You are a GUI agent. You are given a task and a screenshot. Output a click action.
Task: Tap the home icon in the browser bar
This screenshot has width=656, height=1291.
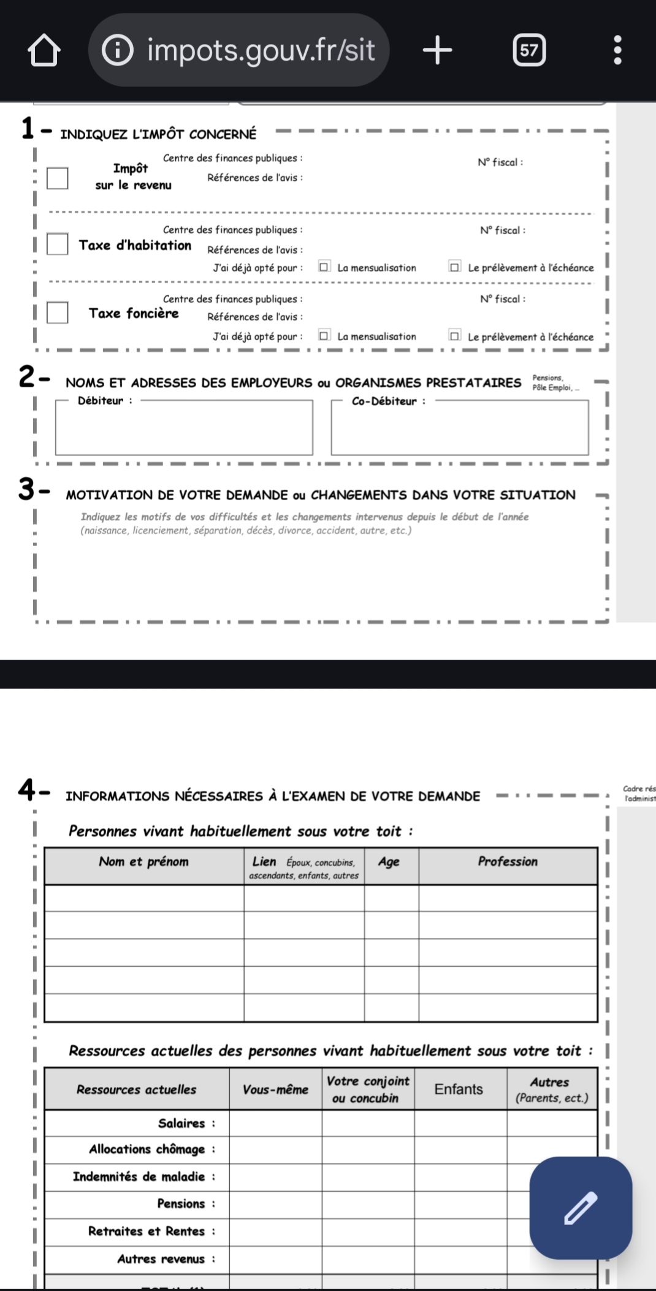pos(44,50)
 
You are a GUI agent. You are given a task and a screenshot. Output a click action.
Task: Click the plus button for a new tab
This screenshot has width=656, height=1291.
pos(437,50)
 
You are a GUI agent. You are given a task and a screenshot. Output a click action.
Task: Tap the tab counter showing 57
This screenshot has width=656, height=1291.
pos(528,50)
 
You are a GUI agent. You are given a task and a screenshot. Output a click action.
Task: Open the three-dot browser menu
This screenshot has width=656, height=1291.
pos(617,50)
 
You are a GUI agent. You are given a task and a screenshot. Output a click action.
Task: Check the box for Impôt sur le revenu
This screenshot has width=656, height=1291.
pos(58,178)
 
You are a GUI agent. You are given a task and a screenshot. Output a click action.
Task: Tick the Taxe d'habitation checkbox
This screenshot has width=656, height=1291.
pos(58,244)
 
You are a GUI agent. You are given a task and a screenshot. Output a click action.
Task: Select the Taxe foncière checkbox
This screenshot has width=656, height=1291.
pos(58,313)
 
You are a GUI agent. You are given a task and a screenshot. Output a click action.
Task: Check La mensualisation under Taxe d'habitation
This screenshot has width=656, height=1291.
pos(324,267)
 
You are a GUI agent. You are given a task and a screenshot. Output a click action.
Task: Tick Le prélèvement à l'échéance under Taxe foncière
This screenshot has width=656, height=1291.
pos(454,336)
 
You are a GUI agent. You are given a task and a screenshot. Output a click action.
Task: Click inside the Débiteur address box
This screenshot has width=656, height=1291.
pos(184,429)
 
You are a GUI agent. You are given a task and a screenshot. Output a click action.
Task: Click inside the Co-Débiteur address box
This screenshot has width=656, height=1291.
pos(460,429)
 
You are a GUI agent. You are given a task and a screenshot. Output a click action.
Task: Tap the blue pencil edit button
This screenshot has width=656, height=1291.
pos(581,1208)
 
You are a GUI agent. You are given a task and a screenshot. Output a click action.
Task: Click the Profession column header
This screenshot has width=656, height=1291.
pos(508,862)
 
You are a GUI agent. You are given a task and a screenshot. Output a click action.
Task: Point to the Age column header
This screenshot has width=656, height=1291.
pos(389,862)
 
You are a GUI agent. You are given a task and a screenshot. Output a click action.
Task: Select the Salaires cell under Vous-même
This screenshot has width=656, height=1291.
pos(275,1123)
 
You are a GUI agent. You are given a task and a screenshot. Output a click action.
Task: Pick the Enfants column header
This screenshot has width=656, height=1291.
pos(459,1089)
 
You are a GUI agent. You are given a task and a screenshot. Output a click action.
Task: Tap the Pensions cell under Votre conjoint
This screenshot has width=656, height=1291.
pos(368,1204)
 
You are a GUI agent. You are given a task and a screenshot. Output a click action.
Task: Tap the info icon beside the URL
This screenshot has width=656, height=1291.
pos(116,50)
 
